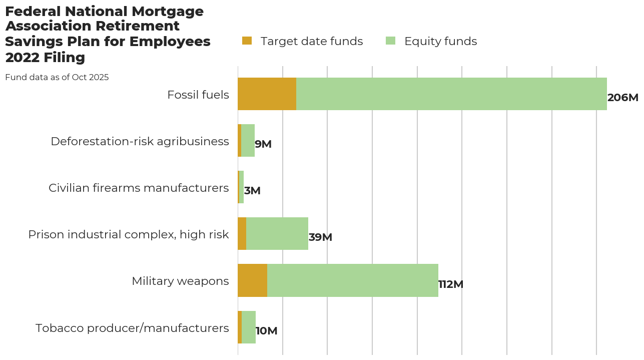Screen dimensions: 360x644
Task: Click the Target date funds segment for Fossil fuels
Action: (267, 94)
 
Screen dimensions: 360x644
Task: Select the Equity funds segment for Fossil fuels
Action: (451, 94)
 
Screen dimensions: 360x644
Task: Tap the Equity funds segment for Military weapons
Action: (352, 280)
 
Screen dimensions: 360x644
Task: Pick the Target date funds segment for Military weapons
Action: (252, 280)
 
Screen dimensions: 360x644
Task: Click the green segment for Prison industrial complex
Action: (277, 234)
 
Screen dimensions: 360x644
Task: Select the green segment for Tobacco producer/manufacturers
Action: (249, 327)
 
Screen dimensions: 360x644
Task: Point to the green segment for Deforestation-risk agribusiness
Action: (248, 141)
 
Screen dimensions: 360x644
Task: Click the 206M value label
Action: (622, 98)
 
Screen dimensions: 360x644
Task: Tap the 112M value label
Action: (451, 284)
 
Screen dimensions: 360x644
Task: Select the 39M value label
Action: (320, 237)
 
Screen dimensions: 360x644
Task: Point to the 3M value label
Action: (252, 191)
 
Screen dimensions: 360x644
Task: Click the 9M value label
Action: (263, 144)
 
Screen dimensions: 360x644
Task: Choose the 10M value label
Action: (266, 331)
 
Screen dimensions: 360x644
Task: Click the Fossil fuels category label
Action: (198, 95)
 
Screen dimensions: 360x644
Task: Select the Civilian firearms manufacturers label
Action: (139, 188)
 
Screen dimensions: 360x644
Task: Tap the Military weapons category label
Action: (180, 281)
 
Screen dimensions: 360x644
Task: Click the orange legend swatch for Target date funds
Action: (247, 41)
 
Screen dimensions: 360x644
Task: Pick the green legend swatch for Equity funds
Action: (390, 41)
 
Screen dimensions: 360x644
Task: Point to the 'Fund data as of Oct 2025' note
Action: (57, 78)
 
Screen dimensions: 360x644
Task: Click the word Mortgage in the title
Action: (168, 12)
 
